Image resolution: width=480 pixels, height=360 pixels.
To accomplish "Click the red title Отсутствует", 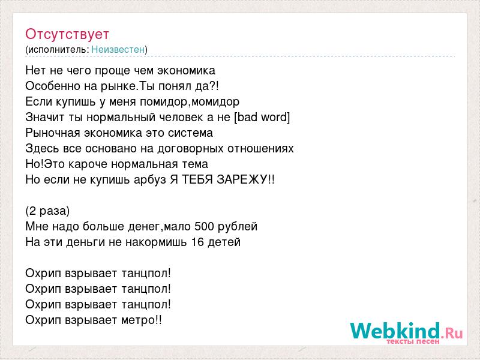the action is pyautogui.click(x=67, y=34).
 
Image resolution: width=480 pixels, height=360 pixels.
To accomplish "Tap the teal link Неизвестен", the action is pyautogui.click(x=118, y=49).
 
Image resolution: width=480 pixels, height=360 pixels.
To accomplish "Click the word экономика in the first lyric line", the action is pyautogui.click(x=186, y=70).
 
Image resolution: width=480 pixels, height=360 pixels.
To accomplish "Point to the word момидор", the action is pyautogui.click(x=215, y=102).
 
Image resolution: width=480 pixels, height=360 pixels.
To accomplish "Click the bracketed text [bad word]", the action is pyautogui.click(x=262, y=117).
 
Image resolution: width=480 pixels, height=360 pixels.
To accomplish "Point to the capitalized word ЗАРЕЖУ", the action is pyautogui.click(x=242, y=179).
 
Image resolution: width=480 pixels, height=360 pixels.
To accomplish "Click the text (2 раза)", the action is pyautogui.click(x=47, y=211).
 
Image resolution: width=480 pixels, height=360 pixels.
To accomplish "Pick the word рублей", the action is pyautogui.click(x=238, y=227).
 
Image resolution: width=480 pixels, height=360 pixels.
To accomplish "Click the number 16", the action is pyautogui.click(x=197, y=242).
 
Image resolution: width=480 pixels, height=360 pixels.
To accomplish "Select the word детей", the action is pyautogui.click(x=224, y=242).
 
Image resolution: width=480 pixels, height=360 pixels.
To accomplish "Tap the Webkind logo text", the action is pyautogui.click(x=395, y=331).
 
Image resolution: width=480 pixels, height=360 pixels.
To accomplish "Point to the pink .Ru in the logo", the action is pyautogui.click(x=452, y=332).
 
